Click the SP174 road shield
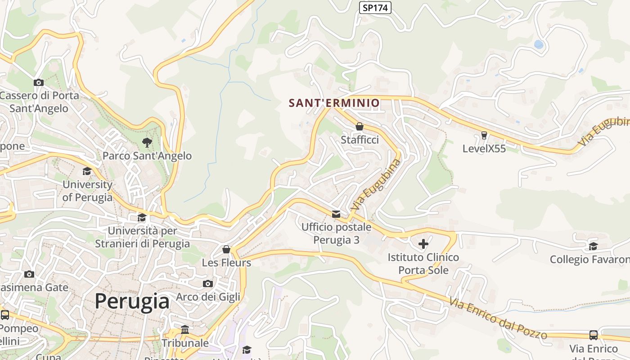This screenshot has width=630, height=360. coord(375,8)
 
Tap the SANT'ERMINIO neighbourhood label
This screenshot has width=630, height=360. coord(334,103)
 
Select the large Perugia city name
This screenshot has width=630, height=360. coord(132,301)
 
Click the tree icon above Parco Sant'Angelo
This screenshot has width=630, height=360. coord(147,143)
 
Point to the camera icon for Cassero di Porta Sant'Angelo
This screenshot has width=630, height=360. coord(39,82)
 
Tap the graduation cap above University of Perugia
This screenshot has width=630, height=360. coord(87,171)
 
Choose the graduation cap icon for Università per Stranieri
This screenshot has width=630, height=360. coord(142,218)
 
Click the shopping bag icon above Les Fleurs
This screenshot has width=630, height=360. coord(226,249)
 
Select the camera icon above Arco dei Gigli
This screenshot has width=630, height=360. coord(207,283)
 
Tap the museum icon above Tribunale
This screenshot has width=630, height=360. coord(185,330)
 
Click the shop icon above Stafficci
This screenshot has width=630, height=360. coord(359,126)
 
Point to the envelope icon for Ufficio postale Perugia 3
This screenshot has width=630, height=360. coord(336,214)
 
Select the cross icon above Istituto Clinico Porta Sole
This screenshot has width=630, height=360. coord(423,244)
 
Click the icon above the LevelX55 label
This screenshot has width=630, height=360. coord(484,135)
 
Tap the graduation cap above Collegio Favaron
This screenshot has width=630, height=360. coord(593,246)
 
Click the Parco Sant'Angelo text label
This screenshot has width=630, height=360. coord(147,156)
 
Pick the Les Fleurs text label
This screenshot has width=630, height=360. coord(226,262)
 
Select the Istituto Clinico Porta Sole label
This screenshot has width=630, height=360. coord(423,264)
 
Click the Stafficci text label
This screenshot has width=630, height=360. coord(360,140)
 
